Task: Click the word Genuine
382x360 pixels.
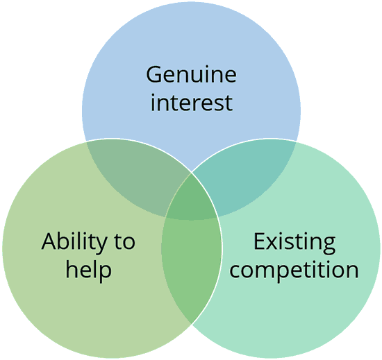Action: pos(191,74)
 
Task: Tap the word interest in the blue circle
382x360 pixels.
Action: pos(192,102)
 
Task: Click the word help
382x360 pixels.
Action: pos(88,270)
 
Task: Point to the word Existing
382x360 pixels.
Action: pos(294,242)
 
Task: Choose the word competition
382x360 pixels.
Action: pos(294,270)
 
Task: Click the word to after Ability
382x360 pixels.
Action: pos(124,242)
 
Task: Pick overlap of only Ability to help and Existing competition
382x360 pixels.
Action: pos(192,268)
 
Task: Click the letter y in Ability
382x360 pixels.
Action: pos(101,246)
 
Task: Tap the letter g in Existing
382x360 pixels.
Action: pos(329,246)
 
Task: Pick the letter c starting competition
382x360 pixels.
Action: pos(235,271)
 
